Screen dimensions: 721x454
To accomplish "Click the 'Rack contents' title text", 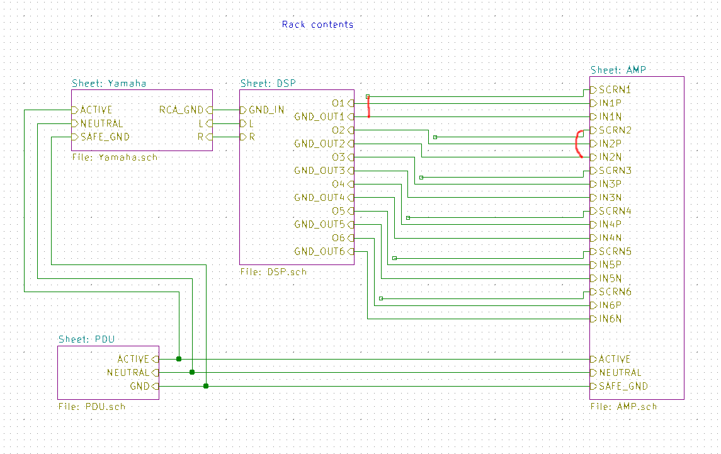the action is pos(317,25).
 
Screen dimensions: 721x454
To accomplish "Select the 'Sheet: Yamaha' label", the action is pos(109,83).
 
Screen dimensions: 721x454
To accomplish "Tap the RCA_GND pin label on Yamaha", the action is pos(181,110).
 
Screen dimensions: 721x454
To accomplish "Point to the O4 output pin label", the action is pos(338,184).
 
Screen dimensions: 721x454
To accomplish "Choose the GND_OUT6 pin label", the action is pos(320,252).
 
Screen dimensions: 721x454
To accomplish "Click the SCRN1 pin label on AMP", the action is pos(615,89).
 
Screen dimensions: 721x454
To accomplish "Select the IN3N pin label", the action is pos(610,197).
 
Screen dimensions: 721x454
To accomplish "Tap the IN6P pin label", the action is pos(610,305).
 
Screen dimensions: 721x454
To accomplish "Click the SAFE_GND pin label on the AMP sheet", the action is pos(623,387).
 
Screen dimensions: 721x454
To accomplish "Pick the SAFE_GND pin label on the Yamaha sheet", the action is pos(105,137).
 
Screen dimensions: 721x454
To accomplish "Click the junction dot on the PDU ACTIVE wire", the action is pos(179,359).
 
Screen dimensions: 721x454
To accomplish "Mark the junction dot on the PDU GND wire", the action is pos(206,386).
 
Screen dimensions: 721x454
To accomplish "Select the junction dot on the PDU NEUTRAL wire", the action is pos(192,372).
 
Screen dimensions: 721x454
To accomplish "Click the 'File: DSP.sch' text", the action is pos(273,272).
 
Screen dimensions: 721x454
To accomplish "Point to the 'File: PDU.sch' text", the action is pos(91,407).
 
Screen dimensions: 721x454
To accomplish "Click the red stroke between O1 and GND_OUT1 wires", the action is pos(369,106).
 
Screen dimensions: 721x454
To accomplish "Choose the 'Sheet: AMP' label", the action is pos(618,70).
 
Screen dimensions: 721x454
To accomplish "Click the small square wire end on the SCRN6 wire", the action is pos(381,298).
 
